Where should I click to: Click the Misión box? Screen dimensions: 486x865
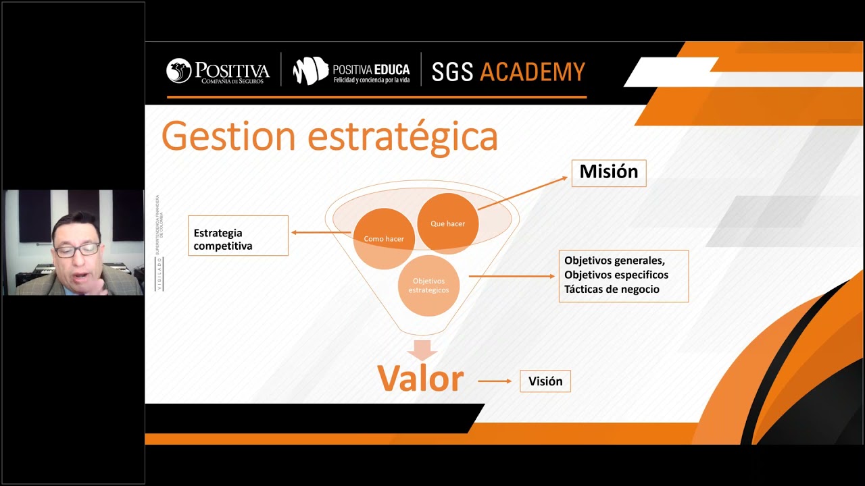coord(608,173)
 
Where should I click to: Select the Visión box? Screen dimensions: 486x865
coord(545,381)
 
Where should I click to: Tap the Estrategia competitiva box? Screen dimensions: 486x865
coord(238,236)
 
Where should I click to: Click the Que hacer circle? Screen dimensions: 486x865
coord(447,223)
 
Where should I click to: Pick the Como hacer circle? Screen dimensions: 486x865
coord(383,239)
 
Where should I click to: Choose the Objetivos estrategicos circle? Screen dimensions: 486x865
coord(428,286)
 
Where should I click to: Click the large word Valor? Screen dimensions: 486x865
coord(420,379)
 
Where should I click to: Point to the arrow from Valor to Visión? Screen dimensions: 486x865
coord(495,381)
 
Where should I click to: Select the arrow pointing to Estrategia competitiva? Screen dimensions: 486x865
coord(320,233)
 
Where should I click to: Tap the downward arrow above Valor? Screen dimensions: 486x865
coord(422,350)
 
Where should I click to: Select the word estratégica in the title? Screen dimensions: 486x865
coord(403,137)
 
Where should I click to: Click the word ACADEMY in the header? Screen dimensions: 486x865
coord(532,72)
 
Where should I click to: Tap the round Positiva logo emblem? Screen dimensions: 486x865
coord(179,71)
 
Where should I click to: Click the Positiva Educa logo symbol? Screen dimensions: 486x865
coord(310,71)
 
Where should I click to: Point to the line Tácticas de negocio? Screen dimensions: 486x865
coord(612,290)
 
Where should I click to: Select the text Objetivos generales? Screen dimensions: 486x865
coord(614,260)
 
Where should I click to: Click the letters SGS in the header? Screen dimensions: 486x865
coord(452,72)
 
